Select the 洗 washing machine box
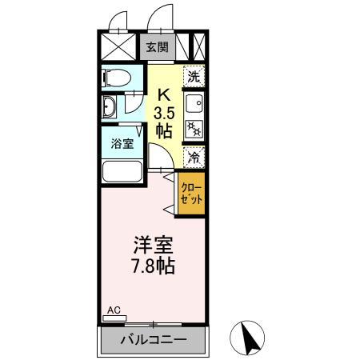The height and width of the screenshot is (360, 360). coord(194,77)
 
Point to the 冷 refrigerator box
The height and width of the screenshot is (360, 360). coord(194,158)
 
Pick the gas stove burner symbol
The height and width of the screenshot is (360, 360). coord(194,127)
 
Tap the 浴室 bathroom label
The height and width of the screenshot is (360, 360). coord(121,145)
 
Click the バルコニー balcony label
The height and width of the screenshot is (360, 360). coord(154,340)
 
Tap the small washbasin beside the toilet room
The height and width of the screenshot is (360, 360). coord(112,109)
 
